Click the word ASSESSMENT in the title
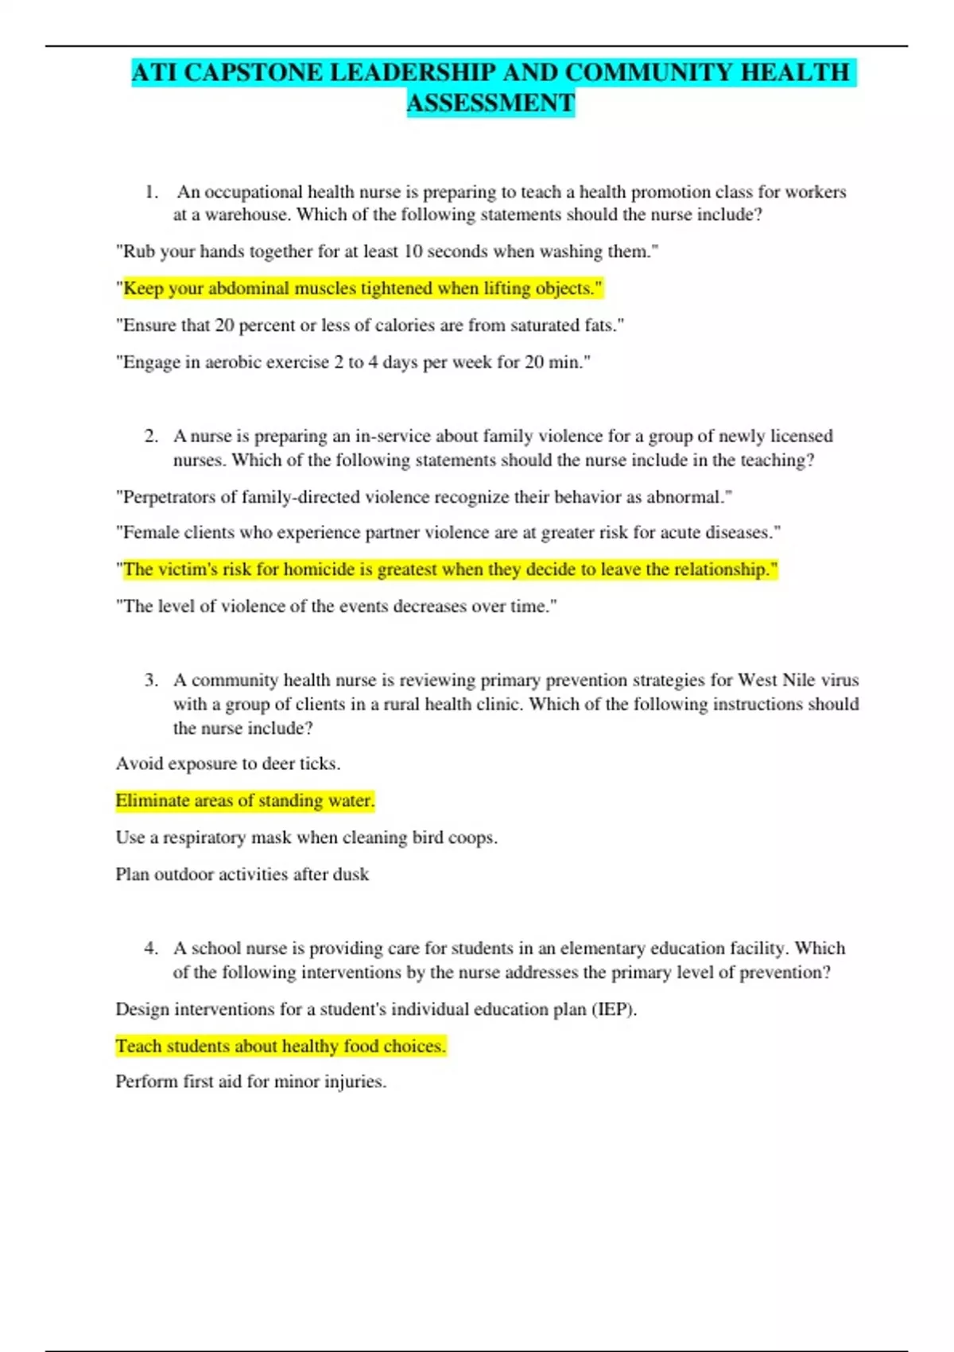(491, 103)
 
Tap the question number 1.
(150, 192)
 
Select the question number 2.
(150, 436)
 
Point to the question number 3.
(150, 680)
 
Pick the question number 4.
(150, 948)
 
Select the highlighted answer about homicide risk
(446, 569)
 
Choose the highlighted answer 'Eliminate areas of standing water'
(245, 800)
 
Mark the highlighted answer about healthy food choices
(281, 1046)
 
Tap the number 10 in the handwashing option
(413, 251)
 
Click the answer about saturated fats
(370, 325)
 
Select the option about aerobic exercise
(353, 362)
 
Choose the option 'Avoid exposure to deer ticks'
(228, 763)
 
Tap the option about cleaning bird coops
(306, 837)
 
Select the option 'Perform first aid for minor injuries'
(250, 1082)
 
